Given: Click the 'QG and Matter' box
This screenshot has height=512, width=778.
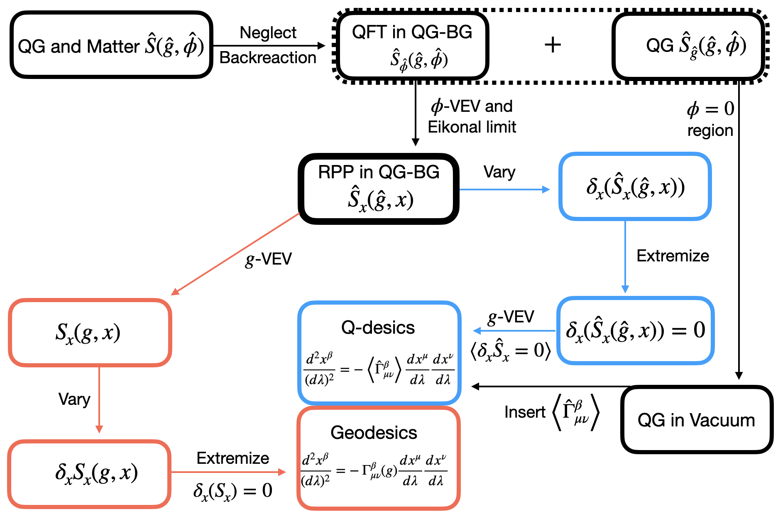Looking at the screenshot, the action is pyautogui.click(x=111, y=44).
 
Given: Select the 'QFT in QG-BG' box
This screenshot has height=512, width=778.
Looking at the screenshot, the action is pyautogui.click(x=412, y=45).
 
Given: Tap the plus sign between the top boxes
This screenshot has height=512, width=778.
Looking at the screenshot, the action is pyautogui.click(x=553, y=44).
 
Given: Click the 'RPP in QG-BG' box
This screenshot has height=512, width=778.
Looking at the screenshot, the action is pyautogui.click(x=379, y=189).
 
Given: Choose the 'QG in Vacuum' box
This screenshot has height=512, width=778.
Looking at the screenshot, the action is pyautogui.click(x=697, y=419).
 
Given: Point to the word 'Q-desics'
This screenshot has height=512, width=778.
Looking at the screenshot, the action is pyautogui.click(x=378, y=327).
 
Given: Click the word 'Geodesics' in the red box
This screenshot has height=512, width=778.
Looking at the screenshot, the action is pyautogui.click(x=374, y=433).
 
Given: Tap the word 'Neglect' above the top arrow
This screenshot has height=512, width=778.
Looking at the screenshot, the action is pyautogui.click(x=268, y=32).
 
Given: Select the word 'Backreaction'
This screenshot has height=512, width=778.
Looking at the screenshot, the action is pyautogui.click(x=268, y=57).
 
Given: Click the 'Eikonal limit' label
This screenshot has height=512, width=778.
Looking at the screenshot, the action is pyautogui.click(x=472, y=127).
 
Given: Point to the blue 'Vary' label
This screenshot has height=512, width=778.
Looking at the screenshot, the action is pyautogui.click(x=499, y=172).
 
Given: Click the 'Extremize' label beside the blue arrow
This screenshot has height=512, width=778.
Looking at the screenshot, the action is pyautogui.click(x=673, y=256).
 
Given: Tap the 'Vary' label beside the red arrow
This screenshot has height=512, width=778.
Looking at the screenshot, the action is pyautogui.click(x=74, y=399).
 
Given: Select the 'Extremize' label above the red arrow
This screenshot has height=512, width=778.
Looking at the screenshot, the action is pyautogui.click(x=233, y=458).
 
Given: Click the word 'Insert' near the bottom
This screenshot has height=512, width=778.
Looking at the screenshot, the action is pyautogui.click(x=525, y=412).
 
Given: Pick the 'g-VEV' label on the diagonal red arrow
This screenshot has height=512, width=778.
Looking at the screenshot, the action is pyautogui.click(x=269, y=259).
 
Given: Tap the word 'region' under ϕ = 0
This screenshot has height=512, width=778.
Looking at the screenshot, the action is pyautogui.click(x=710, y=130).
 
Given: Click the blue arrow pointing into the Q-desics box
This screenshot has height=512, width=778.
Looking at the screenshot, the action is pyautogui.click(x=514, y=331).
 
